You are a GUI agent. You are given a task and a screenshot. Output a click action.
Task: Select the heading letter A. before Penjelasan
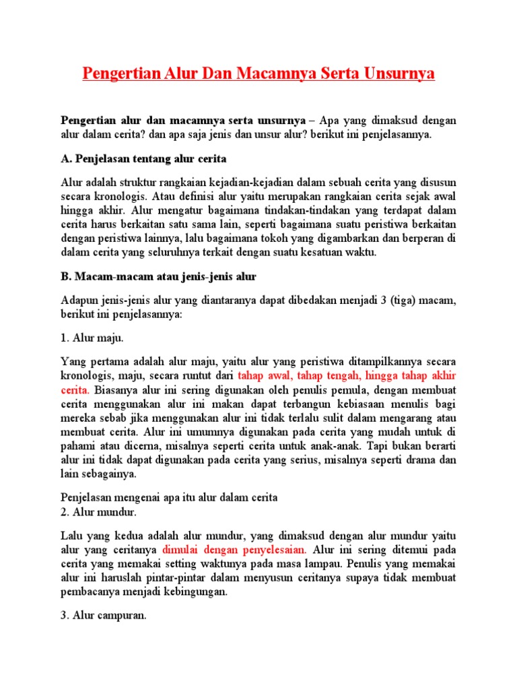coord(66,159)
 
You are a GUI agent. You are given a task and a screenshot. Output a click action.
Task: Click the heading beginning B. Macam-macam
coord(159,277)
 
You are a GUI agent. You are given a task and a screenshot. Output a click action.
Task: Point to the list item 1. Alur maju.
coord(92,338)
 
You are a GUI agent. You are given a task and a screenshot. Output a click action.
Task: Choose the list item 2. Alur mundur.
coord(99,512)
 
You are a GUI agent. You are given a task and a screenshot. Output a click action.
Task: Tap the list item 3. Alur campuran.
coord(104,615)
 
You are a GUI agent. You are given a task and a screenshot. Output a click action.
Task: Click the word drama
coord(418,460)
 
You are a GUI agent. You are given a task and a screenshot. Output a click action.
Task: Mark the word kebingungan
coord(195,592)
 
